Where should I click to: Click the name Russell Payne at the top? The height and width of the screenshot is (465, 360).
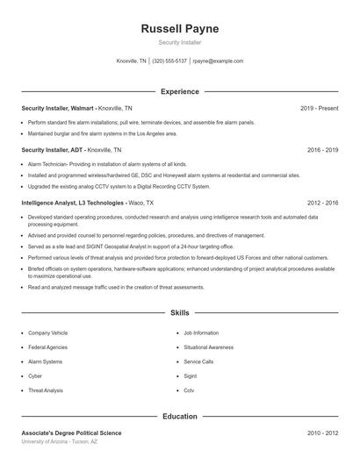point(179,29)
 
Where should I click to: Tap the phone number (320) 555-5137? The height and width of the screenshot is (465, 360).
point(169,61)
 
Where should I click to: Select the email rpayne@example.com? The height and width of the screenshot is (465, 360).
point(217,61)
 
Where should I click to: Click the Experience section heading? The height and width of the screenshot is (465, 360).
point(179,91)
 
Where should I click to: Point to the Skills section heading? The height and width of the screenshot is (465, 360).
point(179,312)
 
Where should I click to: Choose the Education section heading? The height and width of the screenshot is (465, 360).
point(179,416)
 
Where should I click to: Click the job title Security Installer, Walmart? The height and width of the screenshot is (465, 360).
point(56,108)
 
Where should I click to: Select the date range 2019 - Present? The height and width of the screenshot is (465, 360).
point(319,108)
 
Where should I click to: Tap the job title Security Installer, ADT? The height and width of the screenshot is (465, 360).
point(51,150)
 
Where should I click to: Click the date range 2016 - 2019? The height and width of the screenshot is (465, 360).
point(322,150)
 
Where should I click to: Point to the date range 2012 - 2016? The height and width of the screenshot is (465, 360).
point(322,202)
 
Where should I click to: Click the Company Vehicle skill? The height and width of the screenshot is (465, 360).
point(47,333)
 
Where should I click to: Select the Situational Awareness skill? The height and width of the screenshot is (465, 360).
point(208,347)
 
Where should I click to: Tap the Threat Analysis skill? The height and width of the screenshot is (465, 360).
point(46,390)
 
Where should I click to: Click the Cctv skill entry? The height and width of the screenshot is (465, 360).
point(189,390)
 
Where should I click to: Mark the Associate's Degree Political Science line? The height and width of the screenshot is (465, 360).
point(71,433)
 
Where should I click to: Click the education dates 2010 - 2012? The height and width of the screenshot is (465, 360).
point(322,433)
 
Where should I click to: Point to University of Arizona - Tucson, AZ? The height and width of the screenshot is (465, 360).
point(60,441)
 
